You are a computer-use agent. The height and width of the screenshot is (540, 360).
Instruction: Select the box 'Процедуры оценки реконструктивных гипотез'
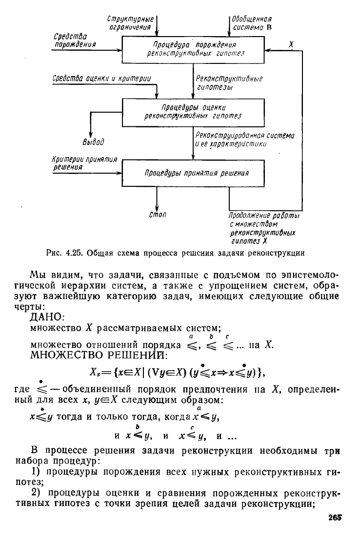(x=194, y=112)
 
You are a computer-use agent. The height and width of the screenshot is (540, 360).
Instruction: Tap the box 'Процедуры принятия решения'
(x=194, y=173)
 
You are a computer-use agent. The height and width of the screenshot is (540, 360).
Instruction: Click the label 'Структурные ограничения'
(x=131, y=23)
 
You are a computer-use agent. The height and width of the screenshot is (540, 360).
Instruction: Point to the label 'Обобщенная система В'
(x=252, y=23)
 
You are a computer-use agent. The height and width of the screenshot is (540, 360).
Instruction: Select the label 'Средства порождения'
(x=75, y=40)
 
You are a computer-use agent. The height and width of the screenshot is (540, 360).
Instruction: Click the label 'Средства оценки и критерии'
(x=101, y=79)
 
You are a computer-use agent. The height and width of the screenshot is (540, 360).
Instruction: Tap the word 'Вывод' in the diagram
(x=93, y=141)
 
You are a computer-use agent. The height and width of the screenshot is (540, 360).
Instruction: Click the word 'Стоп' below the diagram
(x=158, y=215)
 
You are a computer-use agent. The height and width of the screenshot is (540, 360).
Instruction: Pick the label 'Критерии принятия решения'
(x=85, y=163)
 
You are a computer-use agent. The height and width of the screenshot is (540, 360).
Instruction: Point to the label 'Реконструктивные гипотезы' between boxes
(x=229, y=82)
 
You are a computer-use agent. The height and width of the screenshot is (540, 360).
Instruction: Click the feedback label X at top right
(x=291, y=44)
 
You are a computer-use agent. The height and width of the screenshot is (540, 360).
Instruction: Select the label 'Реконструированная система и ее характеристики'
(x=245, y=140)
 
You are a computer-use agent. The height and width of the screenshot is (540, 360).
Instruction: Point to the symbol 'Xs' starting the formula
(x=95, y=372)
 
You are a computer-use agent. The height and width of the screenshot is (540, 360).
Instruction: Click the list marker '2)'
(x=37, y=494)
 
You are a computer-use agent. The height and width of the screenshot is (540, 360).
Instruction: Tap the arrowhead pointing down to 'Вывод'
(x=90, y=135)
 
